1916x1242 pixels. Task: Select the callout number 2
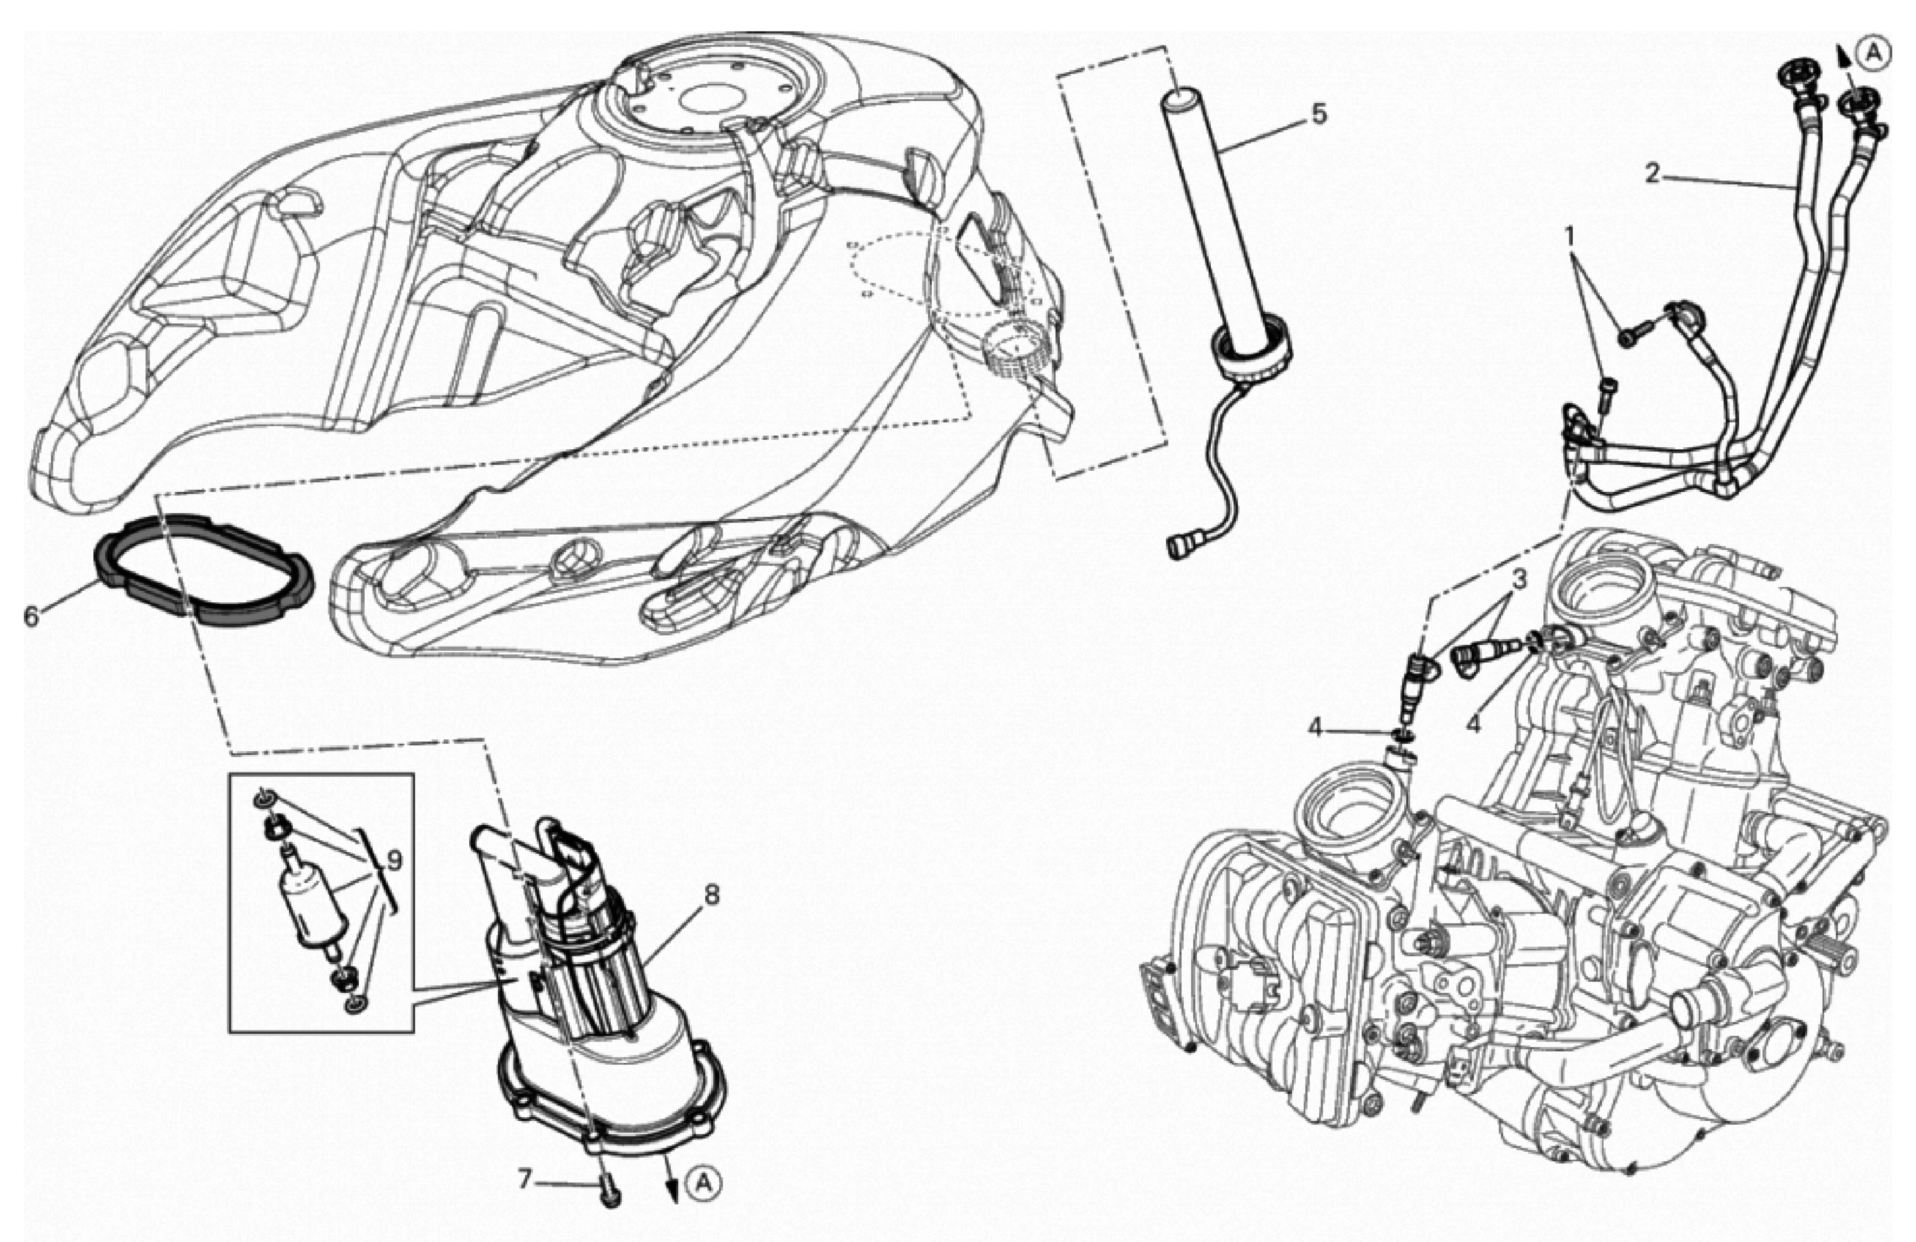1652,173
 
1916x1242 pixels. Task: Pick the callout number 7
525,1180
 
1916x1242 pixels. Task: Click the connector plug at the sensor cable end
1179,547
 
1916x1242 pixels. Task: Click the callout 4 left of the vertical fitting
1316,729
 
